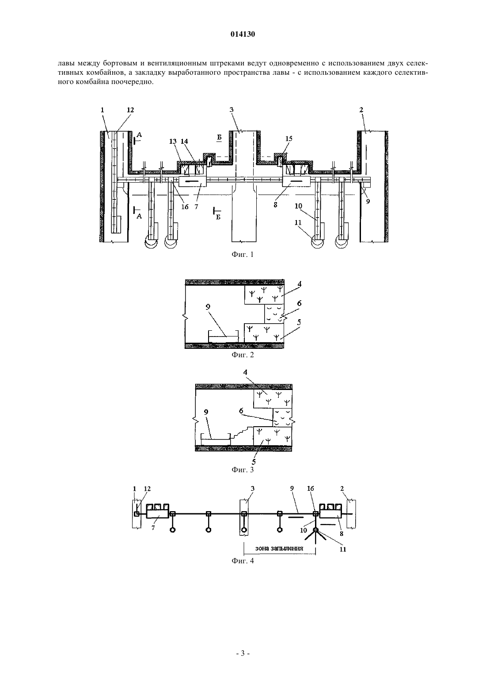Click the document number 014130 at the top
pos(243,34)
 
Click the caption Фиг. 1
pos(243,254)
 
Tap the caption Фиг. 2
pos(243,355)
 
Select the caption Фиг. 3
pos(243,470)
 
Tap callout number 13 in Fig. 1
pos(173,141)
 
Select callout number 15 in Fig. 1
pos(289,138)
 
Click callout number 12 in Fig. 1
pos(130,110)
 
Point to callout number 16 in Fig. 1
pos(185,206)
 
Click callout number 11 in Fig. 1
pos(298,223)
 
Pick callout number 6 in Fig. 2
pos(299,303)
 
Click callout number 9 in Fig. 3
pos(206,412)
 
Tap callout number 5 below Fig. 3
pos(254,461)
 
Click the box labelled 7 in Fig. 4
pos(157,513)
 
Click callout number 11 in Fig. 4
pos(343,549)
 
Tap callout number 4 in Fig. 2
pos(300,284)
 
